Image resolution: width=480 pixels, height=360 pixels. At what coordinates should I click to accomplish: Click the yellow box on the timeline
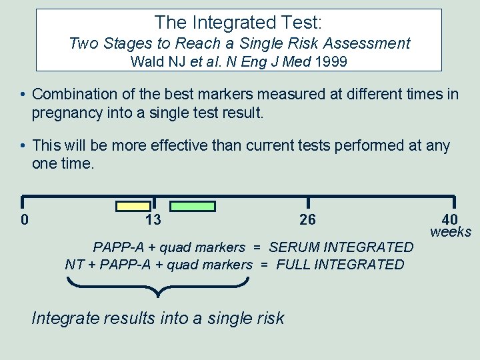pos(133,206)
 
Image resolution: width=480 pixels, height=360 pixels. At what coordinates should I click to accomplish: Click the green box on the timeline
pos(192,206)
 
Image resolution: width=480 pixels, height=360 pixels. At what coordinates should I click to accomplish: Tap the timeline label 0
pos(25,220)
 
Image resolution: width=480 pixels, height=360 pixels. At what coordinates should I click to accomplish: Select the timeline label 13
pos(153,220)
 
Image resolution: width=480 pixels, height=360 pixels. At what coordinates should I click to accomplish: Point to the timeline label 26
pos(308,220)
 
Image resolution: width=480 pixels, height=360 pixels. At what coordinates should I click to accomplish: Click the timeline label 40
pos(450,220)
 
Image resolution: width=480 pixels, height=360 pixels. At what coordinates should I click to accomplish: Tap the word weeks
pos(451,232)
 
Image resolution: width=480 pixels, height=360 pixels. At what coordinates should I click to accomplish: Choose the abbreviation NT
pos(74,265)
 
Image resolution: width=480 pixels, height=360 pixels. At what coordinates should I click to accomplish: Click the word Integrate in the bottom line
pos(63,318)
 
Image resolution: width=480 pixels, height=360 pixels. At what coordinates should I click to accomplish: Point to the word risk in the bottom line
pos(269,318)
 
